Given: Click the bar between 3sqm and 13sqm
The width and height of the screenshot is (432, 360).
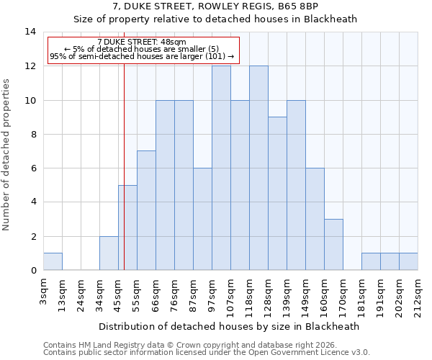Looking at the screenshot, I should [x=53, y=262].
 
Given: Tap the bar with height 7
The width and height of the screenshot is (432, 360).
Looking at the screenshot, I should [x=146, y=210].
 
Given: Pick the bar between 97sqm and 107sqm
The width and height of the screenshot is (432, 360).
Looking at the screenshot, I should [x=221, y=168].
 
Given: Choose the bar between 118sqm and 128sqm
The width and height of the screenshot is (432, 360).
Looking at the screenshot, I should [x=258, y=168].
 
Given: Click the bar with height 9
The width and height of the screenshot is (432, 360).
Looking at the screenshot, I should [x=277, y=194].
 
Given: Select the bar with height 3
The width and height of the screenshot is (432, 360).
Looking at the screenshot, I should [x=333, y=245].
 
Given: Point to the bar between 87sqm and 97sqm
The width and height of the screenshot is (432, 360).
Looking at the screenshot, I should [x=202, y=219].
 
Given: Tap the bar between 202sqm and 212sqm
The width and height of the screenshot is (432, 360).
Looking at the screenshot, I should [x=408, y=262].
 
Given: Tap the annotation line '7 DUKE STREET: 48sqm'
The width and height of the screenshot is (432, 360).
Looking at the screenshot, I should [x=142, y=42].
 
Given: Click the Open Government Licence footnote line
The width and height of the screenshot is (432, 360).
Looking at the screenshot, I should [x=207, y=353].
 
